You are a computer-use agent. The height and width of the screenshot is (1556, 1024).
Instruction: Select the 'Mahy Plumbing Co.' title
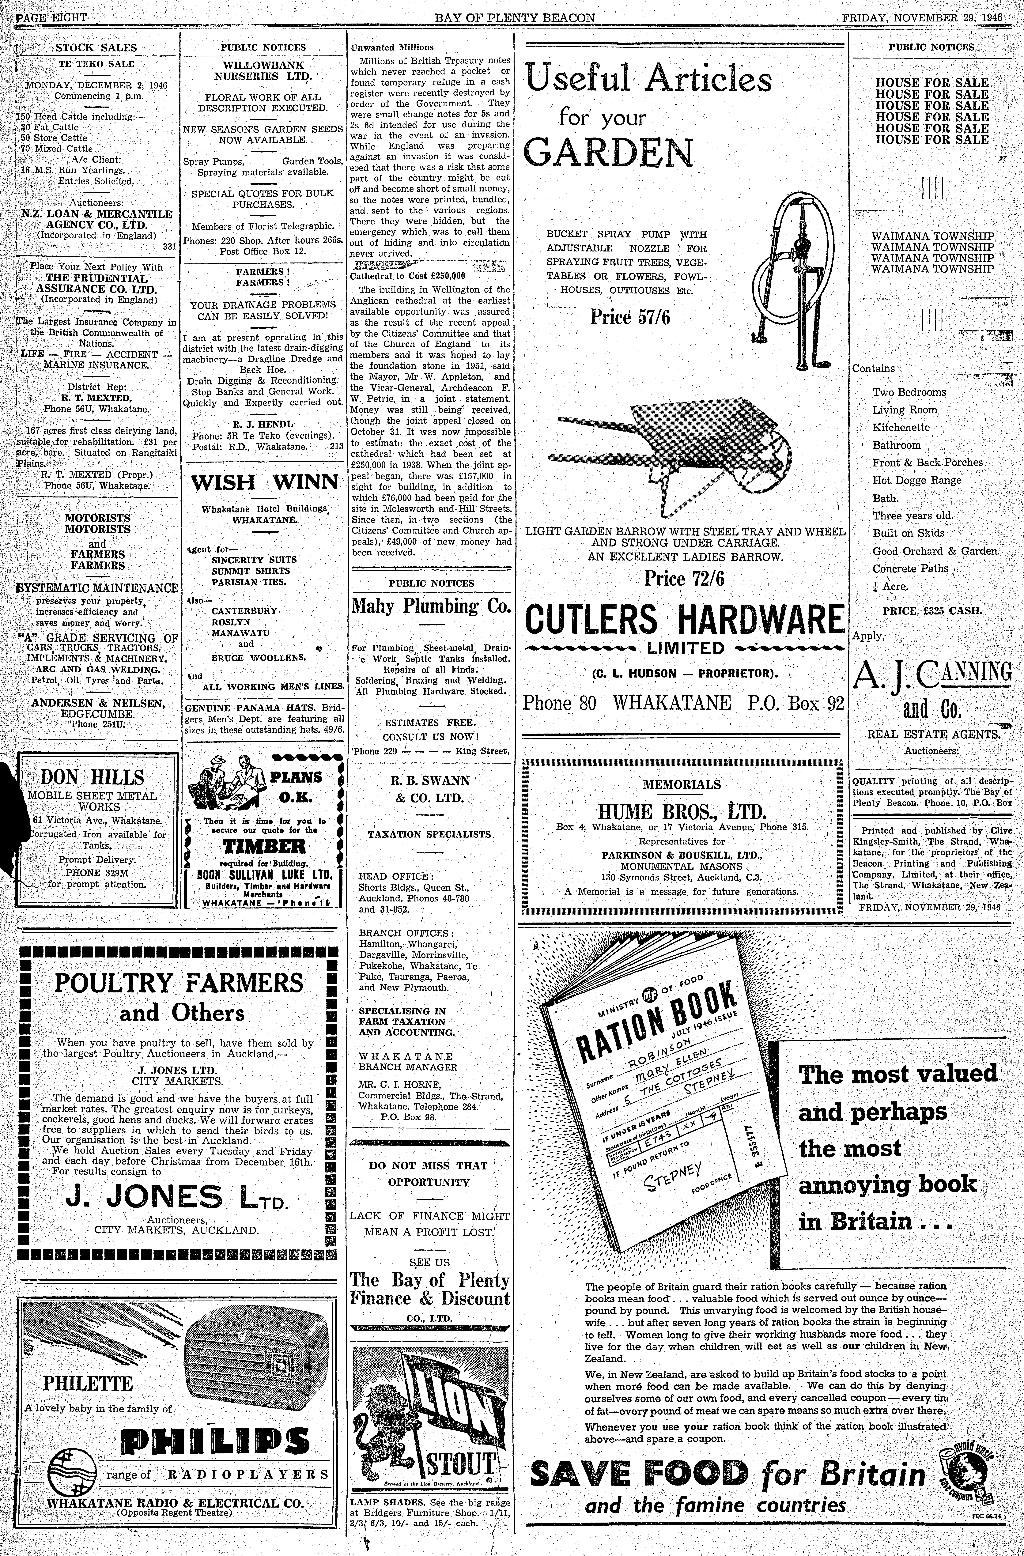pos(431,606)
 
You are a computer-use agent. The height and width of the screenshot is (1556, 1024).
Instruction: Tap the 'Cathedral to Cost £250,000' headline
pos(408,276)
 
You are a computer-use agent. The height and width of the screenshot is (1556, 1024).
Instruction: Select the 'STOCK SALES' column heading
pos(96,48)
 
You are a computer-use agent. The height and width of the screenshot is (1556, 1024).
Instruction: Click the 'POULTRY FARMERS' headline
pos(179,983)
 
